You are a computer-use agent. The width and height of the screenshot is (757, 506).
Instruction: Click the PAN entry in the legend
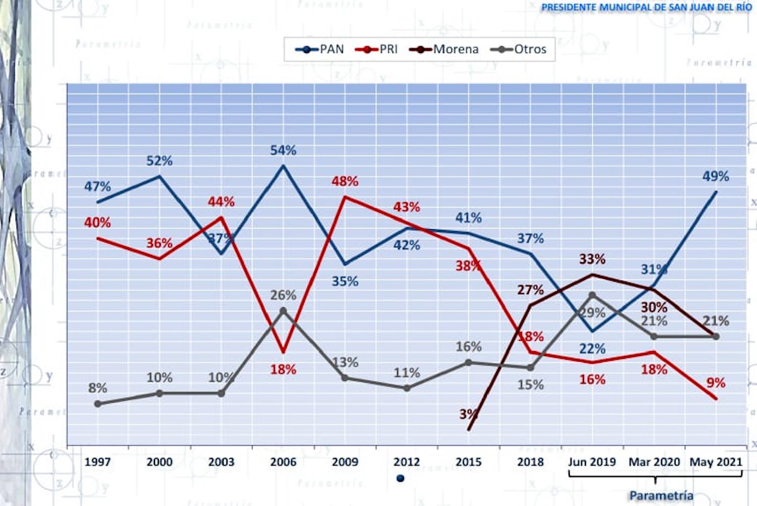320,49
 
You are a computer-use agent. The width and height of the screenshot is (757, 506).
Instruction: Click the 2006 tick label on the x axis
283,462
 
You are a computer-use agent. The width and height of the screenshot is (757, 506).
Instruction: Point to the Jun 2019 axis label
592,462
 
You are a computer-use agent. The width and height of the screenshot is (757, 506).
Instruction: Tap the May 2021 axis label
716,462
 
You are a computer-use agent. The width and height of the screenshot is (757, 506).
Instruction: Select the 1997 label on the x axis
97,462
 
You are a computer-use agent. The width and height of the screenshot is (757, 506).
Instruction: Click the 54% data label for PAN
283,150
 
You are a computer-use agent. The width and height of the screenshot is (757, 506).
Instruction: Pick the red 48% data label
345,181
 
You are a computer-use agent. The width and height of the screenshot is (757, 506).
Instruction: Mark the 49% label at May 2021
716,177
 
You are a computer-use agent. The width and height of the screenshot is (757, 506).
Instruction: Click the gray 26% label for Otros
283,295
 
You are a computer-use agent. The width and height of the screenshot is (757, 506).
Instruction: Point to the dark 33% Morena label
592,259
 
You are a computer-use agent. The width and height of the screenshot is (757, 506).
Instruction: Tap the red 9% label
716,382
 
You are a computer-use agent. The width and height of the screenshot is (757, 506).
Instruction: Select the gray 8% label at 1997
97,388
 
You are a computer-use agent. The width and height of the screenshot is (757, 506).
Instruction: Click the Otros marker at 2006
283,311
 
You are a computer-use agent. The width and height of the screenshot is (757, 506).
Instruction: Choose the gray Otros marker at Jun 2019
592,295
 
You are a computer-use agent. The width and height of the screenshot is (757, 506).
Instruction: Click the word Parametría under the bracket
661,495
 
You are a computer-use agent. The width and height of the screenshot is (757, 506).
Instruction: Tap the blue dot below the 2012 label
400,478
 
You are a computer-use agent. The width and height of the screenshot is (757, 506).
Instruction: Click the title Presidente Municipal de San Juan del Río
646,8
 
